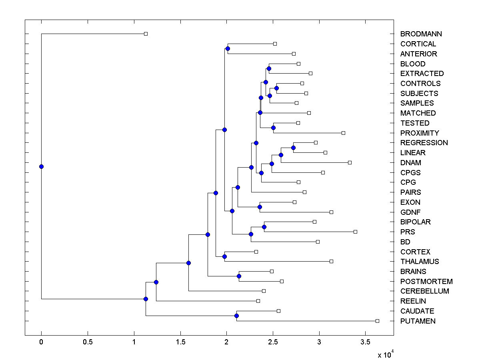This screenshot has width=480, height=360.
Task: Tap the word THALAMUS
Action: [x=420, y=262]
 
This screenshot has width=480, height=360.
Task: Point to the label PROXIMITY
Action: [x=420, y=133]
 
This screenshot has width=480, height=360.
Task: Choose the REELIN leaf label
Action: [x=413, y=301]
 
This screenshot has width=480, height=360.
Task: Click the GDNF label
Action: [x=410, y=212]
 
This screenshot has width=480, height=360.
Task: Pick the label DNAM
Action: [x=411, y=163]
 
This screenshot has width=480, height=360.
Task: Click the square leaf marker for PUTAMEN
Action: [x=377, y=321]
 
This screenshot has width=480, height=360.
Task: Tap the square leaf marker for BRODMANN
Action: [x=146, y=34]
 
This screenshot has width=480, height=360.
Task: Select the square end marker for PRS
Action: [x=355, y=232]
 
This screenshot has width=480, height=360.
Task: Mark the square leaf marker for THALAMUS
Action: [x=331, y=261]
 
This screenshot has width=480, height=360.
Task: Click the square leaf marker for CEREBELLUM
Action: [x=264, y=291]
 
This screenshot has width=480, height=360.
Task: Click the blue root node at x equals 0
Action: [x=41, y=166]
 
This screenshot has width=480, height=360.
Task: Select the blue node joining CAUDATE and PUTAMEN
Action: [x=236, y=316]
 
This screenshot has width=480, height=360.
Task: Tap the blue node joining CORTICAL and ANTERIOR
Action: [x=228, y=48]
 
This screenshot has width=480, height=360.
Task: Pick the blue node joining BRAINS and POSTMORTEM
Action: [x=239, y=276]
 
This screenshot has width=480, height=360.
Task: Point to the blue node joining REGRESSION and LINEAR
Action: [x=293, y=148]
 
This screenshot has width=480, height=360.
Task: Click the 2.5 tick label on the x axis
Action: [x=273, y=342]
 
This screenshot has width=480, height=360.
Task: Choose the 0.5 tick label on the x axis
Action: [x=88, y=342]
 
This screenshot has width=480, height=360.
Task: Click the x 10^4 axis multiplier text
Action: [x=385, y=354]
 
